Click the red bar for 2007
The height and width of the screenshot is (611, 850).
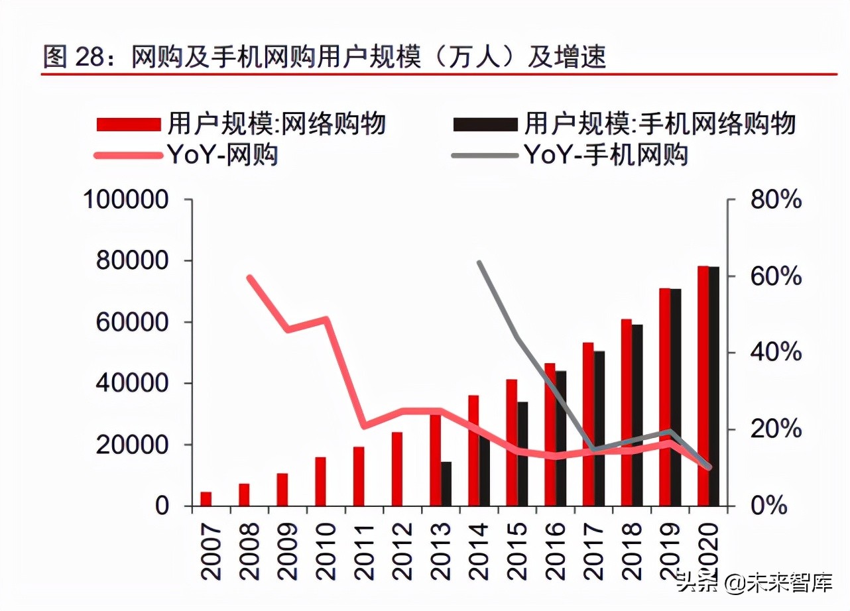coord(206,499)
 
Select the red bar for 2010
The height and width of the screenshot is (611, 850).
coord(320,481)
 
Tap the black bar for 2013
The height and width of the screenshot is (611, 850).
coord(446,484)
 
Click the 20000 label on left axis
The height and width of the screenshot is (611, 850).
coord(133,445)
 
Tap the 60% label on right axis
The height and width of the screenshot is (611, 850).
coord(776,276)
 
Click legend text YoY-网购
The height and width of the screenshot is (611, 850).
coord(222,155)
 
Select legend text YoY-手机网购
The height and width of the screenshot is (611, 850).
coord(606,155)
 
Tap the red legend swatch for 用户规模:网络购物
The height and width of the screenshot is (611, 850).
coord(129,124)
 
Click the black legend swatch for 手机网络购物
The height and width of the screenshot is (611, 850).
coord(485,124)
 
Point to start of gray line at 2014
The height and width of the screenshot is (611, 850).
coord(479,262)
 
